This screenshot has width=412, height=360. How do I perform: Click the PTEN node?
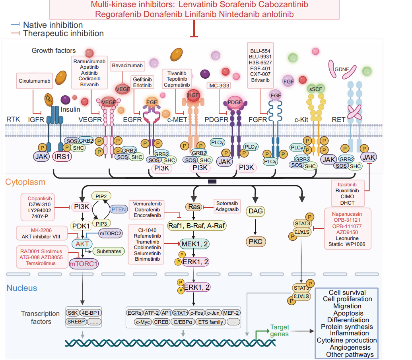(119, 209)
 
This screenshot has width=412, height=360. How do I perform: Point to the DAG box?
(255, 211)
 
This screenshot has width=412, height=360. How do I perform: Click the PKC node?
(255, 241)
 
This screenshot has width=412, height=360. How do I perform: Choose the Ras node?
(193, 207)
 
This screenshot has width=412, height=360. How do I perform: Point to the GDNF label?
(342, 69)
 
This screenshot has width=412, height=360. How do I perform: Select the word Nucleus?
(21, 288)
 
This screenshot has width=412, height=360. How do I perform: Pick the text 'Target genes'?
(280, 331)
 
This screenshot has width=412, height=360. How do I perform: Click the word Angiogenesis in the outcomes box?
(347, 347)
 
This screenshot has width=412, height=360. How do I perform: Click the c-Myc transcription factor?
(142, 322)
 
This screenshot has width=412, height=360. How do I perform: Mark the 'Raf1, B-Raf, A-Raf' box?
(197, 225)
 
